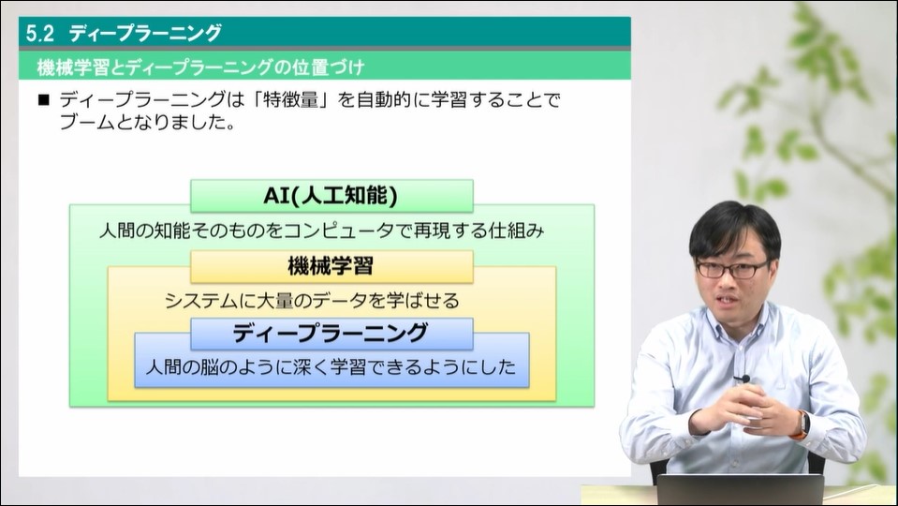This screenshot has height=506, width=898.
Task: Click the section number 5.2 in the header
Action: point(40,33)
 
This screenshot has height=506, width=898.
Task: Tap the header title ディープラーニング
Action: point(145,33)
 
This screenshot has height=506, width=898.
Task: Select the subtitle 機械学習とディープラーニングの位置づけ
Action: point(200,67)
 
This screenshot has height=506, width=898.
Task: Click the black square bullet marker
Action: point(44,100)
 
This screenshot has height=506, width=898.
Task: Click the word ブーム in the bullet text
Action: point(86,122)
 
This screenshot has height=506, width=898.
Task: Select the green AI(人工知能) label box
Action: point(331,196)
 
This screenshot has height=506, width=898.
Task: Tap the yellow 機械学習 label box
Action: point(331,266)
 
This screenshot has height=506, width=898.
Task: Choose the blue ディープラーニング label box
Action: point(331,334)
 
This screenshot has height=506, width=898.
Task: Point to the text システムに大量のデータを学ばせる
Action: point(312,300)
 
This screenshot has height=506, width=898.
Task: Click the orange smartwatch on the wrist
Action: point(802,425)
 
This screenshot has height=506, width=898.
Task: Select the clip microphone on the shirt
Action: point(742,379)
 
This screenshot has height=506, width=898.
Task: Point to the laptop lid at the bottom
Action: point(740,490)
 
